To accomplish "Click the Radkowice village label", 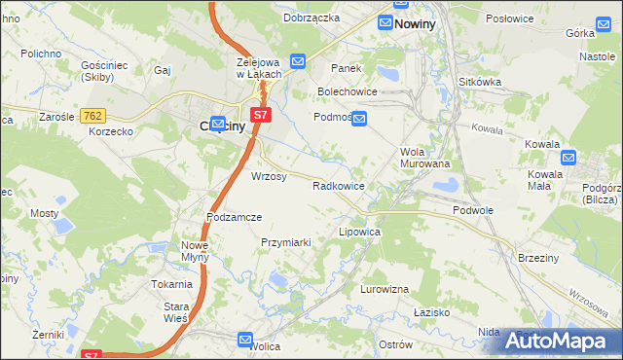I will pos(338,185).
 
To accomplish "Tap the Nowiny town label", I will pos(414,24).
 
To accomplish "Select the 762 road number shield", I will pos(93,116).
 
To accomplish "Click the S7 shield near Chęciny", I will pos(259,115).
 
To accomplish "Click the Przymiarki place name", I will pos(285,242).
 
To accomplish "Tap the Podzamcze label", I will pos(234,217).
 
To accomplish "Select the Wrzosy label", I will pos(269,177).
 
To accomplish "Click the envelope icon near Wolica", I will pos(245,339).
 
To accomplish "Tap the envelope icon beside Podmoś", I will pos(359,119).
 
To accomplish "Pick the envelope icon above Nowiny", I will pos(386,22).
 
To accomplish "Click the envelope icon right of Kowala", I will pos(568,158).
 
